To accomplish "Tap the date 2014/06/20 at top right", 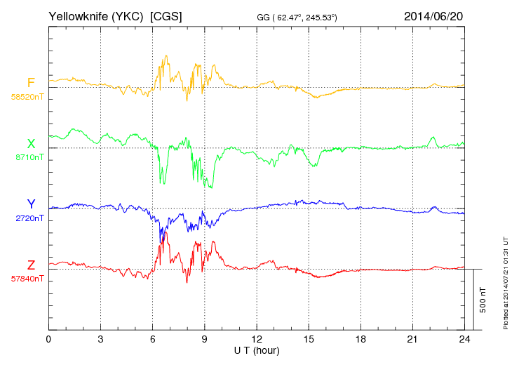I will tap(433, 15).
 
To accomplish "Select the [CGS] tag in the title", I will tap(166, 15).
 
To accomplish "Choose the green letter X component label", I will tap(31, 144).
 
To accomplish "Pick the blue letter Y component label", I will tap(31, 204).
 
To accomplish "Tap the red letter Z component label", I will tap(31, 265).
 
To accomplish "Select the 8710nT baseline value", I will tap(29, 158).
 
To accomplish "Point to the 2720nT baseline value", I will tap(29, 218).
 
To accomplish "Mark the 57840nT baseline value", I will tap(27, 279).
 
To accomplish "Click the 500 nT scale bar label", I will tap(483, 299).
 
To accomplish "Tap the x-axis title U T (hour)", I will tap(257, 350).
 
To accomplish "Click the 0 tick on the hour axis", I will tap(48, 339).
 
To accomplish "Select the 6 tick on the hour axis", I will tap(153, 339).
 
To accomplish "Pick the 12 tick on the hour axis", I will tap(257, 339).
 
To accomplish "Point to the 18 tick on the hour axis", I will tap(361, 339).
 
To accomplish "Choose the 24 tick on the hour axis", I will tap(465, 339).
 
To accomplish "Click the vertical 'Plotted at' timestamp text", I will tap(506, 284).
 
